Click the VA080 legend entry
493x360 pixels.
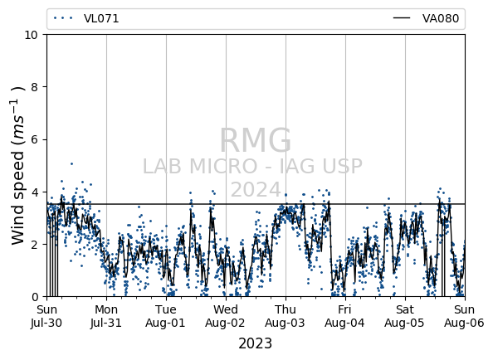coord(426,18)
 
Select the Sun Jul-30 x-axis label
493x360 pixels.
coord(46,316)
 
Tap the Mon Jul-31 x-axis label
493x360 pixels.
coord(106,316)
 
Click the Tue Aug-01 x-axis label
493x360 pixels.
coord(166,316)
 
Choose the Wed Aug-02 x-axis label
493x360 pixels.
coord(226,316)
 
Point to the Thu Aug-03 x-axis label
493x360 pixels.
coord(286,316)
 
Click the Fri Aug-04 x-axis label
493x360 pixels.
coord(345,316)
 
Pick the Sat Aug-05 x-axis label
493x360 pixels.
coord(405,316)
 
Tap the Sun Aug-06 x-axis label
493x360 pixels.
coord(465,316)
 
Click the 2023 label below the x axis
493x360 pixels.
coord(256,343)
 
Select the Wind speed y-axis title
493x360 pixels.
coord(18,166)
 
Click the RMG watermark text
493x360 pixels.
coord(256,140)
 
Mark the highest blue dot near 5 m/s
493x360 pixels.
coord(71,163)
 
